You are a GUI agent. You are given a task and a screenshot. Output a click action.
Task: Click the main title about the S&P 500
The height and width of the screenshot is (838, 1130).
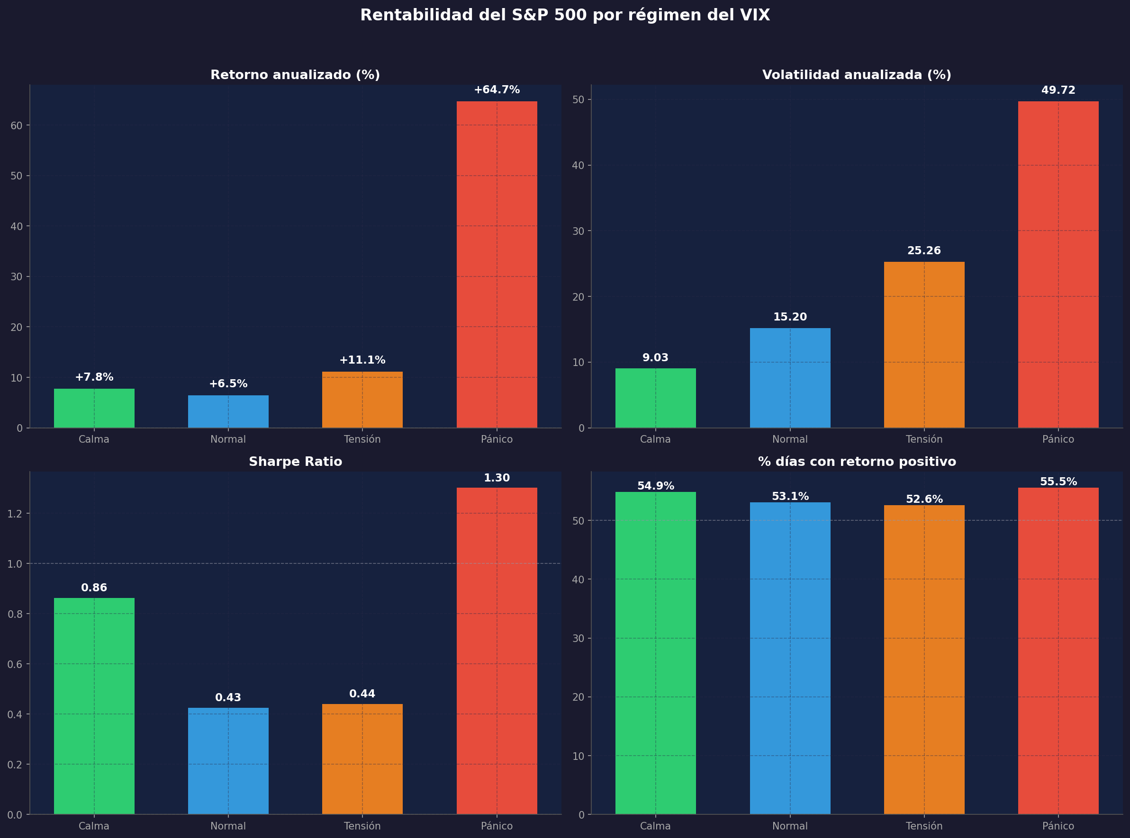[x=564, y=15]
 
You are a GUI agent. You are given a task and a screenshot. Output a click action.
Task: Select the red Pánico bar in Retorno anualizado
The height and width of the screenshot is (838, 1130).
[x=497, y=264]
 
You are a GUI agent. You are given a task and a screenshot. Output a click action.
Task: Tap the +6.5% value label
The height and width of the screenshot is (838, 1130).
[x=228, y=384]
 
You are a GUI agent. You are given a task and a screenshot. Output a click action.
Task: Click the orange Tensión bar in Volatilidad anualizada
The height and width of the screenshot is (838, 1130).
[x=924, y=345]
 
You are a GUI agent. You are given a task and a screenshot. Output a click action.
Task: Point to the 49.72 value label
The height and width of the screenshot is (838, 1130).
[x=1058, y=90]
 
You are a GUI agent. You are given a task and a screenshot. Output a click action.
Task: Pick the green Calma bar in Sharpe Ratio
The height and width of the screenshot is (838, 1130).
[x=94, y=705]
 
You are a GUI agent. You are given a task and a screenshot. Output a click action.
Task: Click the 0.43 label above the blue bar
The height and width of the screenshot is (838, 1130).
[x=228, y=697]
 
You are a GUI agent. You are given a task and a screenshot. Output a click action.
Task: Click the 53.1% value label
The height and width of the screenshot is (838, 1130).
[x=790, y=497]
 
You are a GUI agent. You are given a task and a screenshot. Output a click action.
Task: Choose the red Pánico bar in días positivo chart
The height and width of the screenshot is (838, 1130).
[x=1058, y=649]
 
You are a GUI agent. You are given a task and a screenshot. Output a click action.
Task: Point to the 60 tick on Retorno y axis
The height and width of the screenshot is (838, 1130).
[x=16, y=125]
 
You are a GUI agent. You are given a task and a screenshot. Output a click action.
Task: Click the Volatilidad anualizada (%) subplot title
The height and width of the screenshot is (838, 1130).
[x=857, y=75]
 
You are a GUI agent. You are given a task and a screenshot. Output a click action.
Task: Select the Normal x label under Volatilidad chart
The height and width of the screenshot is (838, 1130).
[x=790, y=439]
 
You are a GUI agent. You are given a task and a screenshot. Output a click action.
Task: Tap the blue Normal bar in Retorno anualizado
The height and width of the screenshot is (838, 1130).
[x=228, y=412]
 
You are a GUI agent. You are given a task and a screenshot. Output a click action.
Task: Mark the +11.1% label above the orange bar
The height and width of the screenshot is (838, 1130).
[x=362, y=360]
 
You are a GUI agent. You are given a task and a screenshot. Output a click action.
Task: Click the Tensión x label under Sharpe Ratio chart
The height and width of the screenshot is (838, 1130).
[x=362, y=826]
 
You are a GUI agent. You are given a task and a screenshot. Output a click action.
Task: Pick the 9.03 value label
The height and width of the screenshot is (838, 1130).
[x=655, y=357]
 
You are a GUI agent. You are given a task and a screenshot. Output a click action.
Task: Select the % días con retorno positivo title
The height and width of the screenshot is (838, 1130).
[x=857, y=462]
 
